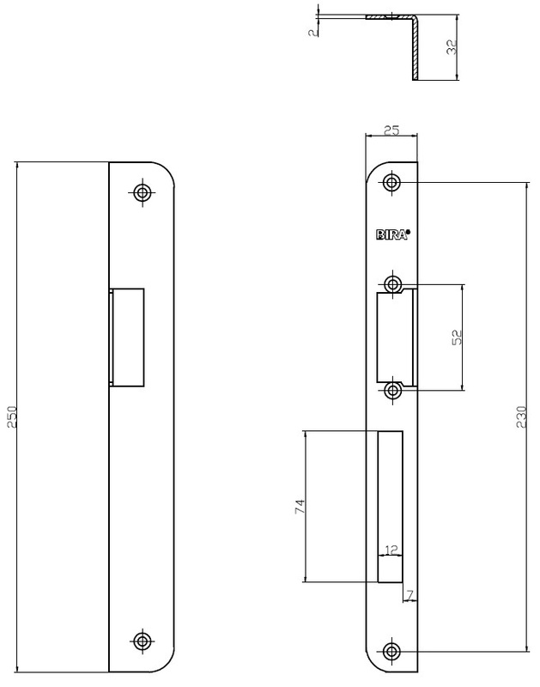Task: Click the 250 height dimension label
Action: (12, 417)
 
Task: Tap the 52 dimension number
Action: (457, 337)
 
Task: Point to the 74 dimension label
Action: (300, 507)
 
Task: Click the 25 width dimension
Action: (391, 131)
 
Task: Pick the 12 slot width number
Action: (391, 550)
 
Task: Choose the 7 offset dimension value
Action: (410, 595)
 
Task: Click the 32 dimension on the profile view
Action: (452, 47)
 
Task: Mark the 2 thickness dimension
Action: (313, 33)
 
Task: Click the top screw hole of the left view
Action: (142, 192)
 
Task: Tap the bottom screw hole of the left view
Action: (142, 641)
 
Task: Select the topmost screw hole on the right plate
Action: (392, 182)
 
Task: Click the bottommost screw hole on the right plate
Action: (392, 651)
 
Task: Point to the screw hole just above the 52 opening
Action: (393, 284)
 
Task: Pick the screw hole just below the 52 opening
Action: (393, 390)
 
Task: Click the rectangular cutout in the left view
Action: (127, 337)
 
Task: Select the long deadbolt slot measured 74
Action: (390, 507)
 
